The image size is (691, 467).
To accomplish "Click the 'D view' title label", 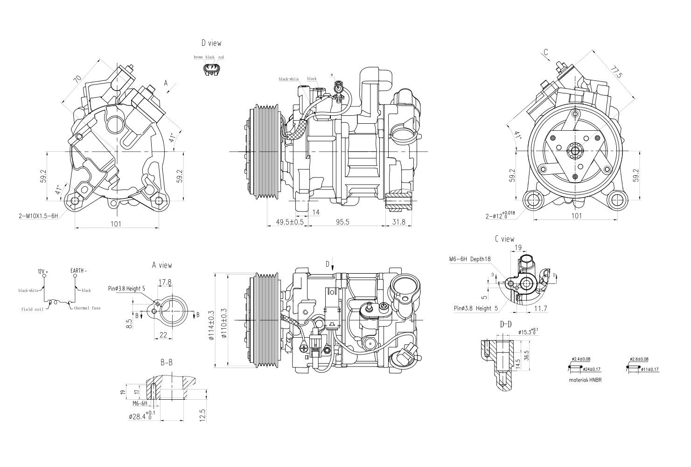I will (x=211, y=43).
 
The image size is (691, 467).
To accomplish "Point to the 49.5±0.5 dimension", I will (x=289, y=222).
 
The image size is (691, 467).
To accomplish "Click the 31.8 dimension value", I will (x=398, y=222).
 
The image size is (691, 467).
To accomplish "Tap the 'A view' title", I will (x=162, y=265).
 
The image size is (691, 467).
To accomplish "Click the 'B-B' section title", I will (x=167, y=362).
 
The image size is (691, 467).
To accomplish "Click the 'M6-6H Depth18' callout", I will (x=470, y=259).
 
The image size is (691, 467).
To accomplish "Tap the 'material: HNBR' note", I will (x=585, y=380).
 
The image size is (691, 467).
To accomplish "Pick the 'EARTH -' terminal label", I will (x=78, y=270).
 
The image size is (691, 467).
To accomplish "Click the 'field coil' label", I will (x=32, y=309).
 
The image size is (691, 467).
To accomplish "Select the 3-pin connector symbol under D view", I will (x=211, y=70).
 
